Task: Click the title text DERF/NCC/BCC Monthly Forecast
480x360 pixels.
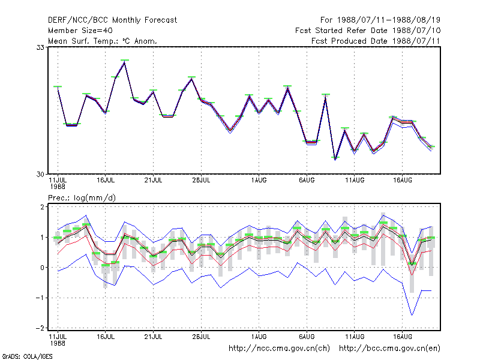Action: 112,20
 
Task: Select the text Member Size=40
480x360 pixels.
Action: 80,31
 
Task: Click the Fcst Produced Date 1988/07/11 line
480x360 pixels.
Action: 376,41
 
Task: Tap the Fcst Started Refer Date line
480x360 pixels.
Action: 368,31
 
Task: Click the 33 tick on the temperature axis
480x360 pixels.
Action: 40,47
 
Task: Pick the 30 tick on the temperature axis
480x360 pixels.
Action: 40,174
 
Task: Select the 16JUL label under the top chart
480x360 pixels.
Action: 106,181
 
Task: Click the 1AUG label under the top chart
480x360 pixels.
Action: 259,181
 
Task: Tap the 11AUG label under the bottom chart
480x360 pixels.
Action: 355,337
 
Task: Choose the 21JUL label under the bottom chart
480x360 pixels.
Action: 154,337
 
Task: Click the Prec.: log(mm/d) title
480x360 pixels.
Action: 82,198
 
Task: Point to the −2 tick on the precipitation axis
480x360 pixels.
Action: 40,328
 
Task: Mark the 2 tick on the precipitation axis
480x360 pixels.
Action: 42,206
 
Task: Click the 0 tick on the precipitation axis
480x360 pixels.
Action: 42,268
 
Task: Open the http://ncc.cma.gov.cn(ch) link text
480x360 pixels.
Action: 279,349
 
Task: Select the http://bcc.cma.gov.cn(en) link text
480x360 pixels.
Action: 389,349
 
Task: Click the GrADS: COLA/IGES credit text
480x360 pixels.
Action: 27,356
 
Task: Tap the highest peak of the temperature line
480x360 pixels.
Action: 125,62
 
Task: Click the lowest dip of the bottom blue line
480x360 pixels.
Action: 412,315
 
